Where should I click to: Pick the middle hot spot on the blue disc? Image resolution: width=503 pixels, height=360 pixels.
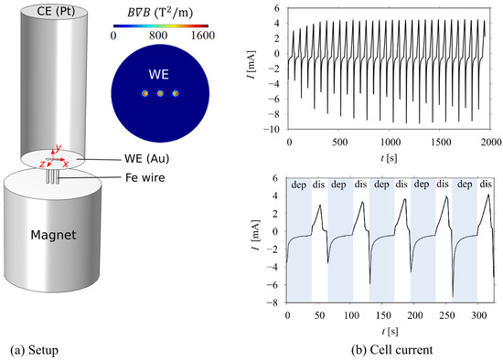160,93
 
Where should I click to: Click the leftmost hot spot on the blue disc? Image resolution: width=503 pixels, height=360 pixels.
144,93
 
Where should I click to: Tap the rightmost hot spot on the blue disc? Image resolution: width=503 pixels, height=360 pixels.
176,93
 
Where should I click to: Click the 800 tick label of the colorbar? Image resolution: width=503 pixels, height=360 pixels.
160,36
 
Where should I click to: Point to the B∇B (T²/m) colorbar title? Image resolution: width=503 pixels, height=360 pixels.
160,10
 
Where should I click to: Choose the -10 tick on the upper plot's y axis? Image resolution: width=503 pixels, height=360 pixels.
277,130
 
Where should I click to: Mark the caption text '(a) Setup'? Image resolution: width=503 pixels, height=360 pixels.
36,348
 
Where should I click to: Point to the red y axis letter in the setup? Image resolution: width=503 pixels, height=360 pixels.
58,148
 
